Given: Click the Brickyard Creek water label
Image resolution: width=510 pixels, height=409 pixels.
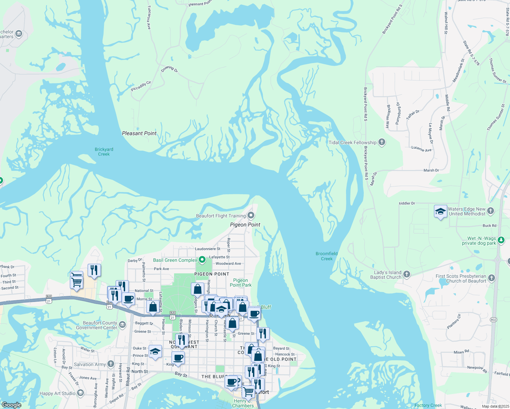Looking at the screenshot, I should coord(104,152).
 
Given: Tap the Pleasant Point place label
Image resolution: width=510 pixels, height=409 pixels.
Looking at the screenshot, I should coord(139,133).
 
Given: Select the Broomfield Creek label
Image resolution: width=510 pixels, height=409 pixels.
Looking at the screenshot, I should coord(327,256).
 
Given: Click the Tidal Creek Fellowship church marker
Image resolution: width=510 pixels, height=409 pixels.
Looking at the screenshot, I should coord(382,142).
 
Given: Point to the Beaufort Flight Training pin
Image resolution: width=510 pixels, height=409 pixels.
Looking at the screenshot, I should coord(251,215).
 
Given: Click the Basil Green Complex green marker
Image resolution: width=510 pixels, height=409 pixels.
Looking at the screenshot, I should coord(202,260).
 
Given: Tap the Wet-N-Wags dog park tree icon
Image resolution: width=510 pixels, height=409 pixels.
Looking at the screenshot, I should coord(501,240).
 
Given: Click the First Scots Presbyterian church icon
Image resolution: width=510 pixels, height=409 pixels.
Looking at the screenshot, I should coord(492,278).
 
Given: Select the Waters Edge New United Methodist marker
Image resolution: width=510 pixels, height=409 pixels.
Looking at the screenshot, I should coord(491,211).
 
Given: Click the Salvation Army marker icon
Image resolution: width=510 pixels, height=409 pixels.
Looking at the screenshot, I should coord(111,364).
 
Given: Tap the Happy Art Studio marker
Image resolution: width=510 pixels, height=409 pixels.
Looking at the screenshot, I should coord(80,393).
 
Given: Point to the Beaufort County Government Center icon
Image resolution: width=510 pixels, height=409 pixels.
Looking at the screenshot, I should coord(122,324).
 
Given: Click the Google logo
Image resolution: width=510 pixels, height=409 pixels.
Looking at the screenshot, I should coord(11,405).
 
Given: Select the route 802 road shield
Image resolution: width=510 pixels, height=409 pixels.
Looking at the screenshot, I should coord(494,320).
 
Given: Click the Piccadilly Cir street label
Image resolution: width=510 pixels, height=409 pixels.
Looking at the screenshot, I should coord(141,86).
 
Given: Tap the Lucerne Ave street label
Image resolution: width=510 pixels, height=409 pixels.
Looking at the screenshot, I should coord(421,149).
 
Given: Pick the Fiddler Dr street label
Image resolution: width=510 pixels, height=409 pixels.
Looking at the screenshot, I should coord(407,203).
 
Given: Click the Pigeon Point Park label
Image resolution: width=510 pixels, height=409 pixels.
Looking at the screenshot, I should coord(241,283).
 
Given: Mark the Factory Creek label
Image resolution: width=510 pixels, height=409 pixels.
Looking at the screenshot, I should coord(428,405).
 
